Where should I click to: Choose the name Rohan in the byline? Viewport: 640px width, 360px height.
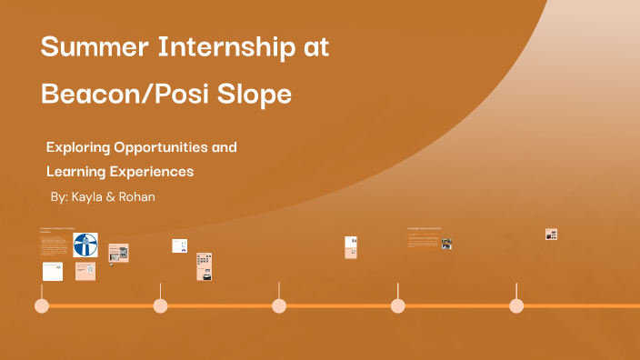pyautogui.click(x=136, y=196)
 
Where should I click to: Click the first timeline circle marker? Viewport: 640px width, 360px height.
pyautogui.click(x=42, y=305)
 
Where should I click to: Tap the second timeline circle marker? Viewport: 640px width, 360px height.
pyautogui.click(x=160, y=305)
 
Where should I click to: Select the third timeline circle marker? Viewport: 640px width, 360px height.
pyautogui.click(x=279, y=305)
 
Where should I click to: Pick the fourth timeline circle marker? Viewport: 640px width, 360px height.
pyautogui.click(x=397, y=305)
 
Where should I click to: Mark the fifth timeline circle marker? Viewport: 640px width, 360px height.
pyautogui.click(x=516, y=305)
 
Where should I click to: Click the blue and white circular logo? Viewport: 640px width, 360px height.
pyautogui.click(x=86, y=245)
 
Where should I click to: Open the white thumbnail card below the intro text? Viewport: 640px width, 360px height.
pyautogui.click(x=53, y=272)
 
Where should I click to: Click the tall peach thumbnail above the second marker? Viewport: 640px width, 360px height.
pyautogui.click(x=205, y=266)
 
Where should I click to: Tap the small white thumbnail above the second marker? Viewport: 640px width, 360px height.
pyautogui.click(x=179, y=245)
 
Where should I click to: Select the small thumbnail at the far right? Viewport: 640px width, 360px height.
pyautogui.click(x=551, y=234)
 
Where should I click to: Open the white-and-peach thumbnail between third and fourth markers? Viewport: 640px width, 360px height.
pyautogui.click(x=351, y=247)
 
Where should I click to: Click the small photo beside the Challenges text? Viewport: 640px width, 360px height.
pyautogui.click(x=446, y=244)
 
